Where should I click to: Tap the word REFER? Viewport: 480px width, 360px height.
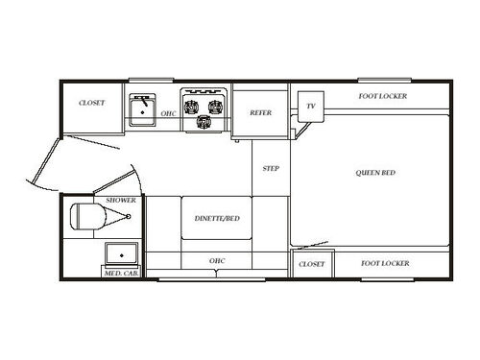(x=260, y=113)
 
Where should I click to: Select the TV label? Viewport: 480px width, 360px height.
(x=311, y=106)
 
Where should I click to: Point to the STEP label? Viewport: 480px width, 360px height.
(x=271, y=169)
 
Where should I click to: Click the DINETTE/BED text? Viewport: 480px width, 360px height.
(x=216, y=219)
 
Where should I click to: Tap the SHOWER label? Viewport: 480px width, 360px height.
(x=121, y=201)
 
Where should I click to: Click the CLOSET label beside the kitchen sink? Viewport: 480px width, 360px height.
(x=91, y=102)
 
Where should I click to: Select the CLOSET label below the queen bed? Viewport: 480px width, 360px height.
(x=311, y=263)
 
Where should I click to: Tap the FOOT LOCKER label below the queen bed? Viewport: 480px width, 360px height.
(x=385, y=263)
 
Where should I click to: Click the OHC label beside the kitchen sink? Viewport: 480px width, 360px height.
(x=168, y=114)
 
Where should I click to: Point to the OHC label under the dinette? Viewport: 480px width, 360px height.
(x=216, y=261)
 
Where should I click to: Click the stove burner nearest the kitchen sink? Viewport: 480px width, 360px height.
(x=190, y=107)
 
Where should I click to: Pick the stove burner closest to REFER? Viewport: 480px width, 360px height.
(x=215, y=107)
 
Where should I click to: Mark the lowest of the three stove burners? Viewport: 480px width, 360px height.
(x=203, y=123)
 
